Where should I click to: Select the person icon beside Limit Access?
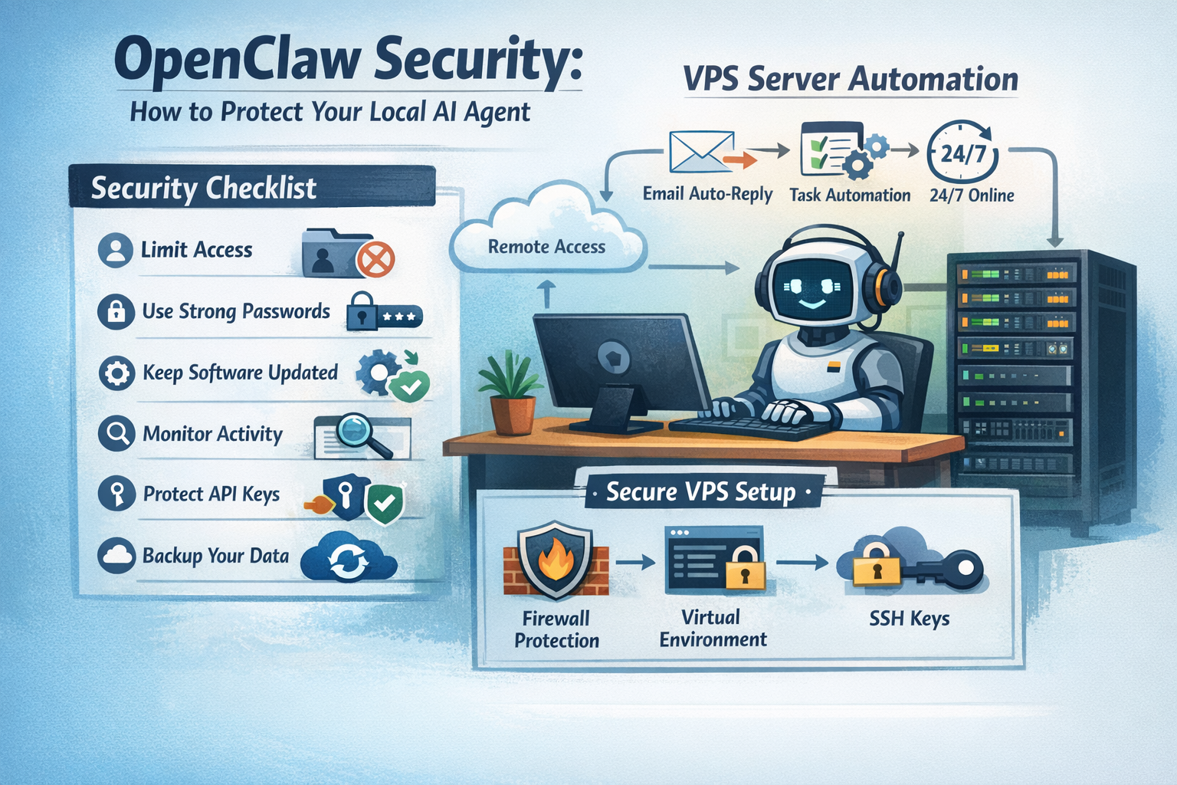116,250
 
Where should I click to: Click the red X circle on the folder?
375,259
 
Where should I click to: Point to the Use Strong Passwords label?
236,311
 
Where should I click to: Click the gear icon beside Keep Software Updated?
116,373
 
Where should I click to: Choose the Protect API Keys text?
211,494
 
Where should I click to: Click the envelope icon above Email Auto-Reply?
701,151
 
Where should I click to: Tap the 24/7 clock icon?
962,153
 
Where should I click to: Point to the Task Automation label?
850,195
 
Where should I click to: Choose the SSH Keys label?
909,619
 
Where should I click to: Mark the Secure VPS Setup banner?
700,491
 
